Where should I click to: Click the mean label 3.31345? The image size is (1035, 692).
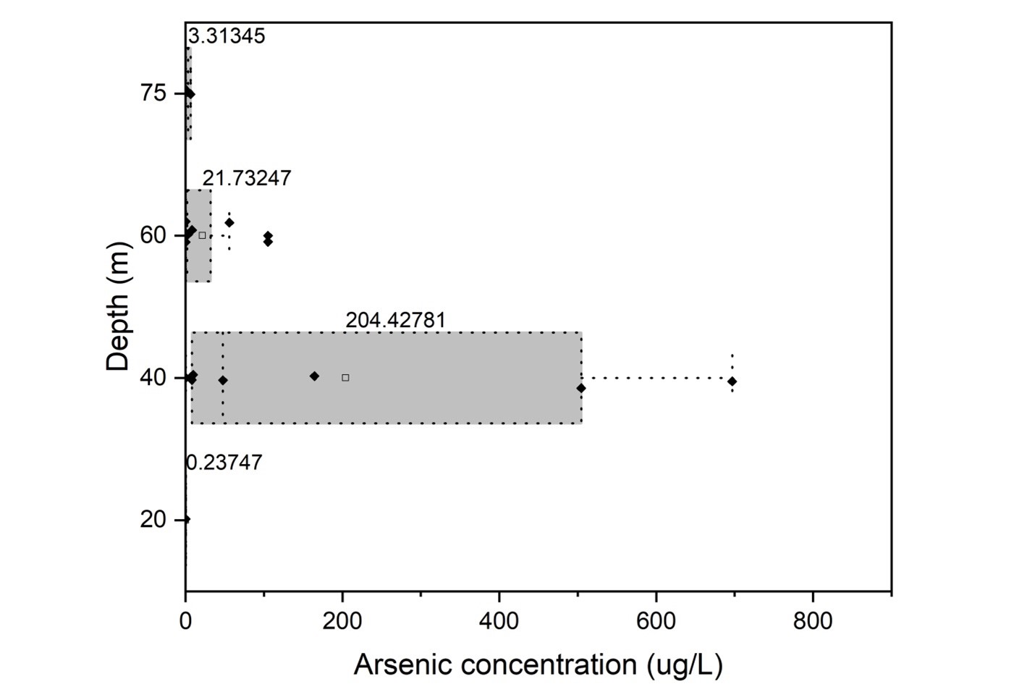pos(227,35)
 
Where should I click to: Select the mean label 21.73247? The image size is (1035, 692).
pos(247,178)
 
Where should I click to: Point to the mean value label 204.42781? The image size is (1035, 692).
pos(395,320)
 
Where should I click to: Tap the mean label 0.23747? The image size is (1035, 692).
pos(224,463)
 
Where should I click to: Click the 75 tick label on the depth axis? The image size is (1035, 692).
pos(153,93)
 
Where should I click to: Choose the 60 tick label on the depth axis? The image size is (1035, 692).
pos(153,235)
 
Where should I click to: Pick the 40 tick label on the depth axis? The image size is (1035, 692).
pos(153,378)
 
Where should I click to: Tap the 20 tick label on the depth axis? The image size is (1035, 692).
pos(153,520)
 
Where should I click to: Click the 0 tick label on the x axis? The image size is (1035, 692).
pos(186,620)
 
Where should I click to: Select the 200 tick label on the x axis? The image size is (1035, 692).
pos(342,620)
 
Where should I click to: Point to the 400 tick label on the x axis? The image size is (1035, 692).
pos(499,620)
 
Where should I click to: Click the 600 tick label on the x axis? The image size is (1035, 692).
pos(656,620)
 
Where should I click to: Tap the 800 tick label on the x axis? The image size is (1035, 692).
pos(813,620)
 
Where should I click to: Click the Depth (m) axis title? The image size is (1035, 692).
pos(118,307)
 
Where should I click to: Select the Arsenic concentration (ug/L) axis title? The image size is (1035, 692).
pos(538,664)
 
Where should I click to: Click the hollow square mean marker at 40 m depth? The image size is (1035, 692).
pos(345,378)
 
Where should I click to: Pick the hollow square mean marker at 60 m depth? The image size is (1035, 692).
pos(202,235)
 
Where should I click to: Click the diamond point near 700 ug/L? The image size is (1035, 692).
pos(732,381)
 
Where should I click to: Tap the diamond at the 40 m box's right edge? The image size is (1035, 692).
pos(581,388)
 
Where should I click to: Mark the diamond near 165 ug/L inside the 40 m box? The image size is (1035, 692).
pos(314,376)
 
